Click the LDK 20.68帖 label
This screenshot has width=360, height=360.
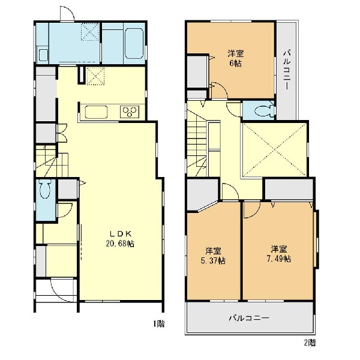120,239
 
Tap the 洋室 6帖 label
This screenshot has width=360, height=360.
236,59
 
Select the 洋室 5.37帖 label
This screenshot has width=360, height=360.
213,256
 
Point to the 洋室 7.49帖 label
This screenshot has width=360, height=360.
279,254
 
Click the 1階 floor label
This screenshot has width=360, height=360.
159,324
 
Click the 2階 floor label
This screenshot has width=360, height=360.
310,343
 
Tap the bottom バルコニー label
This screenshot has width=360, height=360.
249,318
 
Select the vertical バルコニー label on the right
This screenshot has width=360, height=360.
286,70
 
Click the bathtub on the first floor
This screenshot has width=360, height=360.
134,43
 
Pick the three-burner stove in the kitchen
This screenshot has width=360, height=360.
130,112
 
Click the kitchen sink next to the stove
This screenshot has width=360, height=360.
96,112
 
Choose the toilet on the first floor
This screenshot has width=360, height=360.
46,189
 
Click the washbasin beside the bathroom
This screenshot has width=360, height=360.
43,55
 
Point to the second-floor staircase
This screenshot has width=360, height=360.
197,143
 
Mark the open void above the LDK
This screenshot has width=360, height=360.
275,149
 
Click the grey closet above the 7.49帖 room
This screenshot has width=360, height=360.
289,189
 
